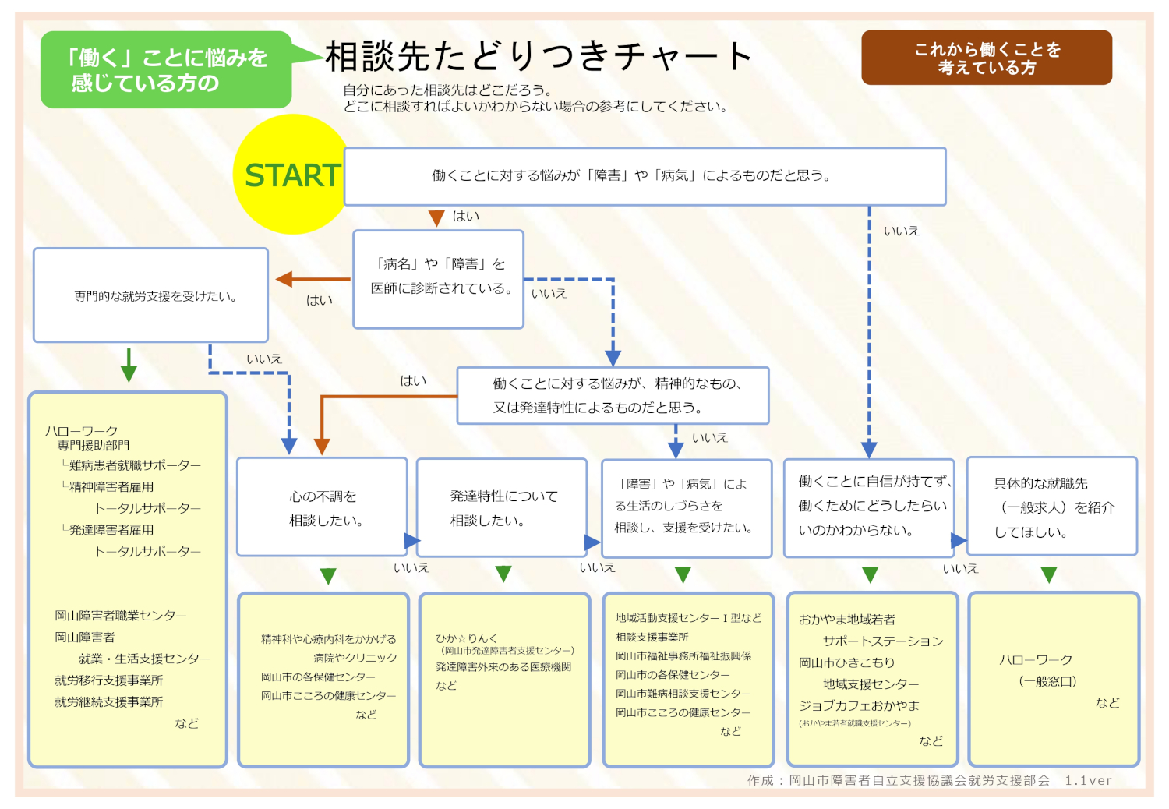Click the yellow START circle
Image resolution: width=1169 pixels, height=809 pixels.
click(x=290, y=175)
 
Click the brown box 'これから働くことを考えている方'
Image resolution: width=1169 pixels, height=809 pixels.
click(x=987, y=58)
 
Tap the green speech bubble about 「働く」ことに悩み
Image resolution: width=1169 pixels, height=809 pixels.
click(x=166, y=70)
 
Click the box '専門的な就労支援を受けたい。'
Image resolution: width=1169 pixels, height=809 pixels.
click(x=150, y=295)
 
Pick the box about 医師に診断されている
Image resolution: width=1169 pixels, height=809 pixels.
click(x=438, y=278)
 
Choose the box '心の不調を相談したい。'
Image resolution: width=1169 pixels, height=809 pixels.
click(x=322, y=507)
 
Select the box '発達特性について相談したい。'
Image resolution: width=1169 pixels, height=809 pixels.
click(x=502, y=507)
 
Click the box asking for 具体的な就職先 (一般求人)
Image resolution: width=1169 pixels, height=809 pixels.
click(x=1051, y=507)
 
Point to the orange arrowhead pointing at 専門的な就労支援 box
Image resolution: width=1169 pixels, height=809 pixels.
click(x=284, y=279)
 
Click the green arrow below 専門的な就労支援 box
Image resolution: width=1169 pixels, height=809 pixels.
click(x=129, y=366)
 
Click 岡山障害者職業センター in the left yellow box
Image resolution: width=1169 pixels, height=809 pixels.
click(x=120, y=616)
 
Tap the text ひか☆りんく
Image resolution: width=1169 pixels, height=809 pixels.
click(x=466, y=638)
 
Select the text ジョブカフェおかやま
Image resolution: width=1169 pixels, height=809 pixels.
click(x=859, y=705)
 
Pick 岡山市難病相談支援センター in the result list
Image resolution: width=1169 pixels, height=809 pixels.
click(x=683, y=694)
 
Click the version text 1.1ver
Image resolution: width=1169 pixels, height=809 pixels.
click(x=1088, y=780)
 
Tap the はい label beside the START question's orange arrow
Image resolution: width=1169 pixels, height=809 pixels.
click(x=466, y=216)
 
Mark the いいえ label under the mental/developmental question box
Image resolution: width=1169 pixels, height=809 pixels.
click(x=709, y=438)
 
